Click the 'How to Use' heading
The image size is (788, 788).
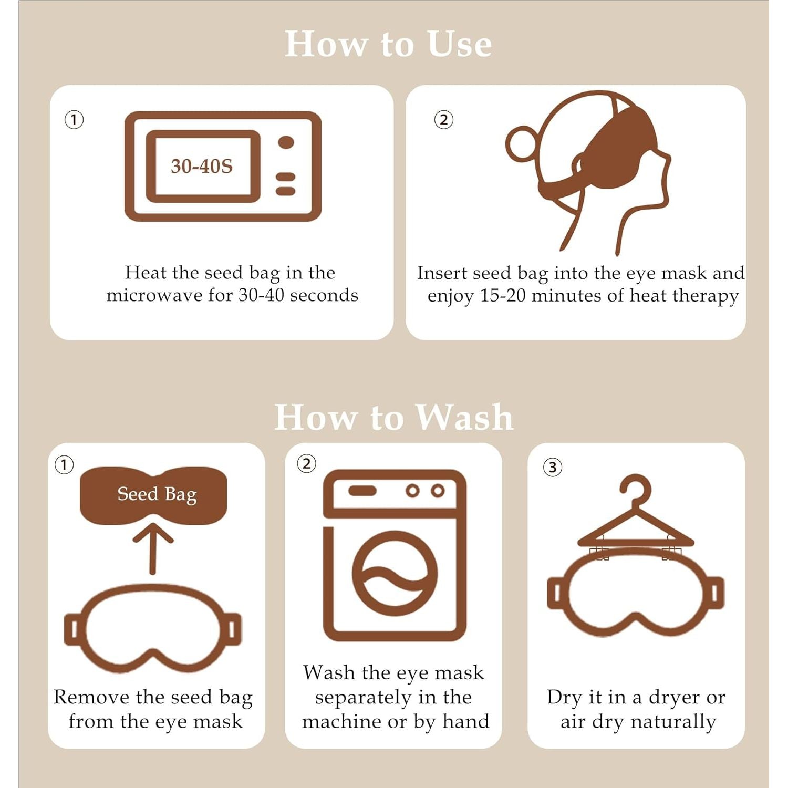[388, 44]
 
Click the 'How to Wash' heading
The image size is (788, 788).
[393, 417]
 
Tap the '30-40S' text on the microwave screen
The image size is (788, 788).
[202, 166]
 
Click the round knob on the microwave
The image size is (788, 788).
[286, 142]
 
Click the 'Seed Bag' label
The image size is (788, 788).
[157, 494]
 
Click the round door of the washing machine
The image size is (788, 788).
[395, 573]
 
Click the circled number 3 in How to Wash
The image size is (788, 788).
[552, 467]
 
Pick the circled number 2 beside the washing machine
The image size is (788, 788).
[307, 464]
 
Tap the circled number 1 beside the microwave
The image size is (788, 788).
[74, 120]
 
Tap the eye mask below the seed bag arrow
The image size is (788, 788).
[153, 628]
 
